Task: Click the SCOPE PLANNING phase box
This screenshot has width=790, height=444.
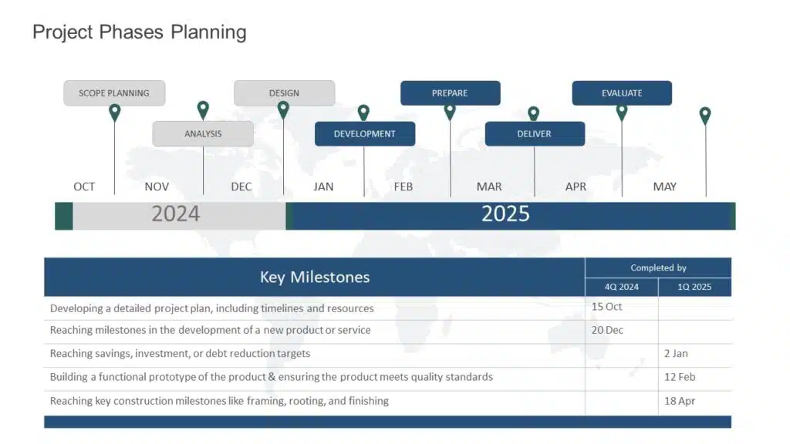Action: (114, 93)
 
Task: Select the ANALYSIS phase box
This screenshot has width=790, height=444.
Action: (203, 134)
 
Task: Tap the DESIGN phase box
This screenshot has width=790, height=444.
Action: (284, 93)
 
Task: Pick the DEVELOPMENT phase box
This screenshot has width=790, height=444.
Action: (365, 134)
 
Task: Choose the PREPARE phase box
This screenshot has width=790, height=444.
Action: (451, 93)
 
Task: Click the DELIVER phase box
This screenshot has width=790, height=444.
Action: (535, 134)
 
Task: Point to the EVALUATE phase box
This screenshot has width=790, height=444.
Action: (622, 93)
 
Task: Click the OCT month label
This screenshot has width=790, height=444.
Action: (84, 187)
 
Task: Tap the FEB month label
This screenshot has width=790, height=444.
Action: (403, 187)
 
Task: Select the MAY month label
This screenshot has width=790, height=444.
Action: (664, 187)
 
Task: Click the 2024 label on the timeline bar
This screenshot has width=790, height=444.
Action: (176, 214)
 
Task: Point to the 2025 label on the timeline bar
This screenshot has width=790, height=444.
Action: (505, 214)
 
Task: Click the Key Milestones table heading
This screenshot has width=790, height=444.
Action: (315, 277)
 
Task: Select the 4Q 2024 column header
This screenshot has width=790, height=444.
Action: (622, 287)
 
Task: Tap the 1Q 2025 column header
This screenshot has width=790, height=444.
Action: (694, 287)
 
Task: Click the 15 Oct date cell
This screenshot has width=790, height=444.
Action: (606, 307)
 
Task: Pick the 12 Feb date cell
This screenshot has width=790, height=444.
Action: (680, 377)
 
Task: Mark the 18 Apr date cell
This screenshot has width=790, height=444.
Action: (680, 401)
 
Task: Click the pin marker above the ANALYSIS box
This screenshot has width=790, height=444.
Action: (203, 109)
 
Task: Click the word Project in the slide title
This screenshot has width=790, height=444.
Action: (63, 32)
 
